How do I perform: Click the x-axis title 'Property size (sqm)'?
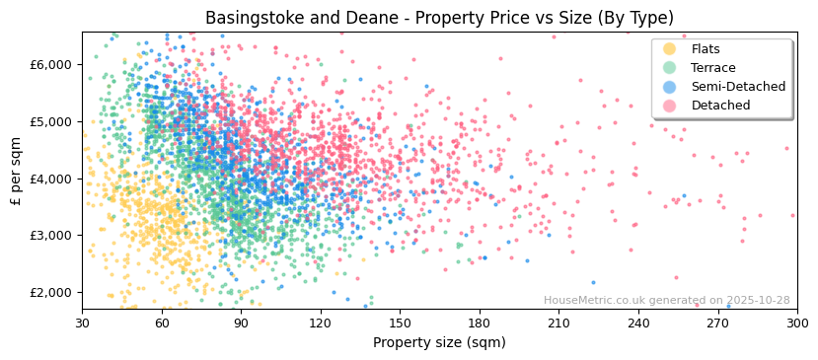[439, 342]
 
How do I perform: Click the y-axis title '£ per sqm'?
[16, 172]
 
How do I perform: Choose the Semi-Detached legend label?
[738, 87]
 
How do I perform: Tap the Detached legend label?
[720, 106]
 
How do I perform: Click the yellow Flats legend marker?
[669, 49]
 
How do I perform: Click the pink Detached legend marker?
[669, 106]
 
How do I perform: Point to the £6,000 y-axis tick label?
[53, 65]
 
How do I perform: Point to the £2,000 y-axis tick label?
[53, 293]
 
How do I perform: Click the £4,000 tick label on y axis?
[53, 179]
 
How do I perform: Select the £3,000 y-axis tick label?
[53, 236]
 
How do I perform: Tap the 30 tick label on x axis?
[82, 323]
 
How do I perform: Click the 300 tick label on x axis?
[796, 323]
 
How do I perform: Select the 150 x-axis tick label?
[400, 323]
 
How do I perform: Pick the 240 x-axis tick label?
[637, 323]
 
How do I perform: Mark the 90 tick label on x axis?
[241, 323]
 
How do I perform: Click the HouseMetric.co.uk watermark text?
[666, 301]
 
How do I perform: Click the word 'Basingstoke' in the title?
[252, 18]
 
